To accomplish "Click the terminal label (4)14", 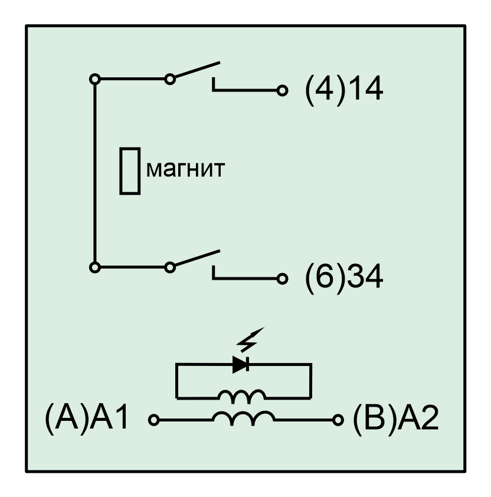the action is pyautogui.click(x=344, y=90).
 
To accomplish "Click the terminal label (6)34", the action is pyautogui.click(x=344, y=277).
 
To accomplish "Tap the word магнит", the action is pyautogui.click(x=185, y=169).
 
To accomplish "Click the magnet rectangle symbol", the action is pyautogui.click(x=130, y=171).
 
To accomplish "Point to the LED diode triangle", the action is pyautogui.click(x=240, y=364).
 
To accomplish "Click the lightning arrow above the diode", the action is pyautogui.click(x=250, y=340).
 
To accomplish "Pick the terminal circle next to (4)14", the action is pyautogui.click(x=282, y=91).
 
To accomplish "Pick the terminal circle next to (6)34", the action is pyautogui.click(x=282, y=279).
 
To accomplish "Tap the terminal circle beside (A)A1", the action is pyautogui.click(x=154, y=420).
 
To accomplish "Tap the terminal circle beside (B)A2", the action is pyautogui.click(x=338, y=420).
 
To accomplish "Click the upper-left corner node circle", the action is pyautogui.click(x=95, y=79).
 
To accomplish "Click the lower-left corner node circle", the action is pyautogui.click(x=95, y=267).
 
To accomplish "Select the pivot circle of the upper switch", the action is pyautogui.click(x=170, y=79).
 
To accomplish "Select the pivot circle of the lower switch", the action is pyautogui.click(x=170, y=267).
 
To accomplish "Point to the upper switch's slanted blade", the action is pyautogui.click(x=198, y=70).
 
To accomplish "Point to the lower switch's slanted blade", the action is pyautogui.click(x=198, y=258).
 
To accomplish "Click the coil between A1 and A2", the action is pyautogui.click(x=244, y=418).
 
